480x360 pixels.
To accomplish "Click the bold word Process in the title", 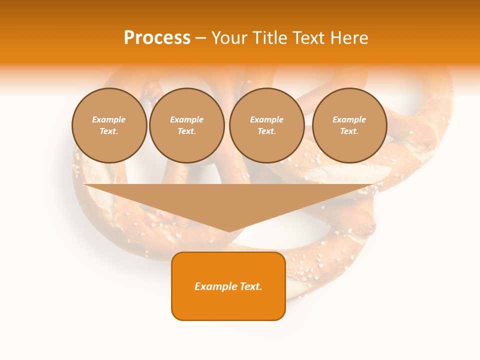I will point(157,38).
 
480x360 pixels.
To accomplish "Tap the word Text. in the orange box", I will point(250,286).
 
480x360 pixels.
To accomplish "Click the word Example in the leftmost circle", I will point(109,119).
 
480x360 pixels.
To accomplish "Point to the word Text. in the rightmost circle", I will point(349,131).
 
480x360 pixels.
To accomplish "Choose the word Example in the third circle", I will point(266,119).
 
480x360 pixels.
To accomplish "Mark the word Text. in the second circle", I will point(186,131).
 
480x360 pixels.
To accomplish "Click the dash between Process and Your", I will point(200,38).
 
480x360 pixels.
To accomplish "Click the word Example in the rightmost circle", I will point(349,119).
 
